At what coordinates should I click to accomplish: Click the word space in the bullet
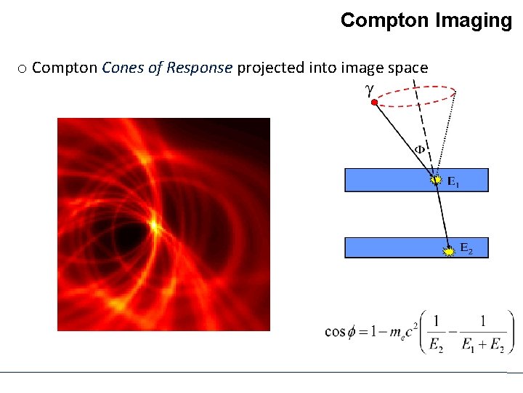coord(407,68)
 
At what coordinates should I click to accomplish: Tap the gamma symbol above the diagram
coord(370,89)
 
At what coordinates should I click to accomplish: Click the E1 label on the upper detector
coord(453,182)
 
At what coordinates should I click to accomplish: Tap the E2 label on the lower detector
coord(466,250)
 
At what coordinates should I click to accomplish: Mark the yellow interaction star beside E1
coord(435,178)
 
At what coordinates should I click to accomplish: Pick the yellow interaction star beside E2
coord(450,250)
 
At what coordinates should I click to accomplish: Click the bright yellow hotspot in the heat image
coord(154,226)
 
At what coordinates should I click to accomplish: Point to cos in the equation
coord(336,331)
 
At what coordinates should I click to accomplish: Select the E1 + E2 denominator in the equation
coord(482,346)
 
